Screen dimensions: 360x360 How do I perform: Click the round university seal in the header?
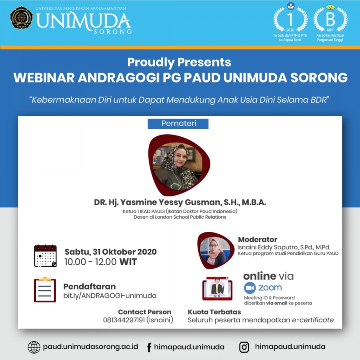[21, 18]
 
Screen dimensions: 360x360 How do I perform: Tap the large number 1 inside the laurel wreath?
[290, 20]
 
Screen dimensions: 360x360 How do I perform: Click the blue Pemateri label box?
[178, 124]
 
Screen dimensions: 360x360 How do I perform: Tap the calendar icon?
[45, 256]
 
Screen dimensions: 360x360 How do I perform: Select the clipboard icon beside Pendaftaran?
[45, 290]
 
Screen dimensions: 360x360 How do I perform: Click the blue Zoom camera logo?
[250, 288]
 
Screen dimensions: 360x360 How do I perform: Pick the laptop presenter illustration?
[217, 288]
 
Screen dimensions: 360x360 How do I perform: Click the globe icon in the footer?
[34, 347]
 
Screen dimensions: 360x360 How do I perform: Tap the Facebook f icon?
[149, 347]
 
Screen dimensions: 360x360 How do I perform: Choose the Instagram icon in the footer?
[244, 347]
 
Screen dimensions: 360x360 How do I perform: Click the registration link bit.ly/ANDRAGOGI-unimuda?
[110, 296]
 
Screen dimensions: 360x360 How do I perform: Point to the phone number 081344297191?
[124, 320]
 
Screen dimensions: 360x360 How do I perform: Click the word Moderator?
[258, 240]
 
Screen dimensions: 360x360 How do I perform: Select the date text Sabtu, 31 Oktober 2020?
[111, 252]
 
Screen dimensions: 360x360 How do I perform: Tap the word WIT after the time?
[128, 262]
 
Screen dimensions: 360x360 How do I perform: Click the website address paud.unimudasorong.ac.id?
[90, 347]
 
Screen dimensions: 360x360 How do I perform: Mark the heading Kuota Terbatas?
[214, 312]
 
